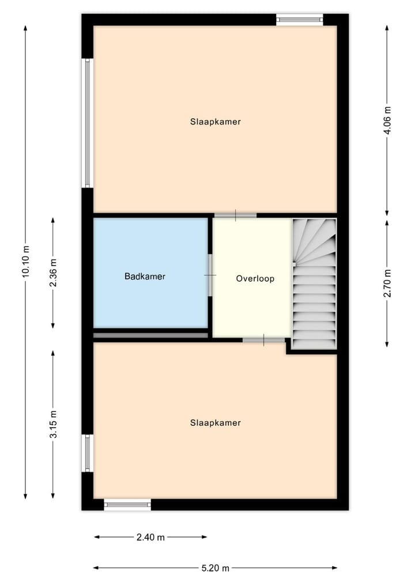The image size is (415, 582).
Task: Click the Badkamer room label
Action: click(x=145, y=277)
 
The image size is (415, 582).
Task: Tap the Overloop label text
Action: click(x=255, y=279)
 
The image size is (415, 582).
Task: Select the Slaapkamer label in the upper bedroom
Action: click(x=215, y=122)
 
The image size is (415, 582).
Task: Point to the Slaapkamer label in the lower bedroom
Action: click(x=215, y=423)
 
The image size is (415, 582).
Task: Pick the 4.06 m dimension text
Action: click(x=387, y=120)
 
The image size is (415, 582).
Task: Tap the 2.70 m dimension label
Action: click(x=387, y=283)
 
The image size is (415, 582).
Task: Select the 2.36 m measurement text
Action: click(x=53, y=273)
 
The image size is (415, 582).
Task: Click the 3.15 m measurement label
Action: click(x=53, y=425)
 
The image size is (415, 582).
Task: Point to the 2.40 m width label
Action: click(x=150, y=537)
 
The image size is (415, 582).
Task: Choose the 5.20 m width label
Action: click(x=215, y=568)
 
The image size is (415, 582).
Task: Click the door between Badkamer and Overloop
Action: click(x=210, y=275)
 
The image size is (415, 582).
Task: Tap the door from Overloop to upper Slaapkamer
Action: click(x=235, y=216)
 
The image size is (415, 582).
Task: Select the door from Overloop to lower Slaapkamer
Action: click(x=263, y=340)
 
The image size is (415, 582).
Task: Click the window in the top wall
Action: click(x=299, y=20)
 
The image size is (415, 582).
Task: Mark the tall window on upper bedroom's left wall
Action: click(x=88, y=123)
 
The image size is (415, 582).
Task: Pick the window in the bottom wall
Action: click(x=127, y=505)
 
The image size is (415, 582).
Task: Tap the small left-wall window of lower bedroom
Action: click(x=88, y=453)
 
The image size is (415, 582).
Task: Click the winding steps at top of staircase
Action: click(x=314, y=239)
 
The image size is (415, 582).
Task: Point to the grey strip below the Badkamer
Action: click(x=150, y=335)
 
